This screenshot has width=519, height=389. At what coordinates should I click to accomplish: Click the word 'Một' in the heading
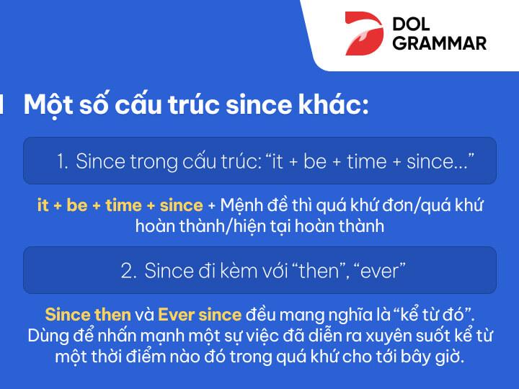coord(45,105)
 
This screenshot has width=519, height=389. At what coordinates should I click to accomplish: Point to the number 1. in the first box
coord(63,161)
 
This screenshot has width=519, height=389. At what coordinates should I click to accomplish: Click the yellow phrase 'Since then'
coord(88,315)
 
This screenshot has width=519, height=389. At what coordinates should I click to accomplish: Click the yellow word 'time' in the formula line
coord(123,205)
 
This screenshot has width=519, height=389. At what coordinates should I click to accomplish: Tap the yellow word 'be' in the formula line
coord(76,205)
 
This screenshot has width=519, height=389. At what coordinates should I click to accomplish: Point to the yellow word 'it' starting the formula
coord(43,205)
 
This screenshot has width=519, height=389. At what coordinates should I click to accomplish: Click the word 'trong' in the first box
coord(149,161)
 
